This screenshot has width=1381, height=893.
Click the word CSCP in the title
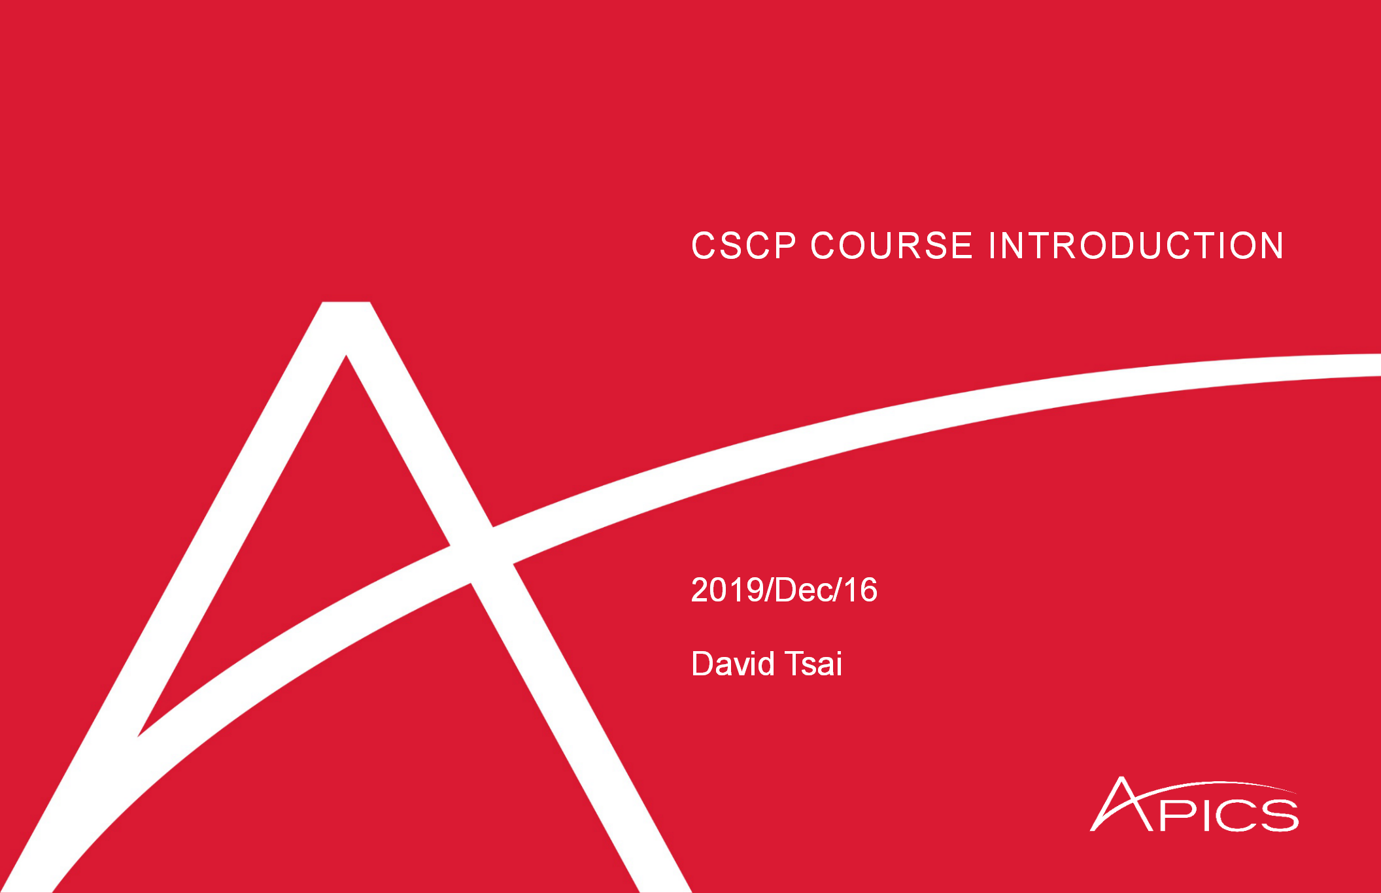point(743,246)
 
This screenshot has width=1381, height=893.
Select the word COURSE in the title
point(891,246)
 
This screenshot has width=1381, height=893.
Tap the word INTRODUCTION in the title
point(1136,246)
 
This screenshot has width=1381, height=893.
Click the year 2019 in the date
point(728,590)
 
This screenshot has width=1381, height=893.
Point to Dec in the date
point(804,590)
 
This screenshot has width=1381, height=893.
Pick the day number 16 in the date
point(860,590)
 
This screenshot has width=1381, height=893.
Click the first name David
point(733,664)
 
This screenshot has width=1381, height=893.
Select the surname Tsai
point(813,664)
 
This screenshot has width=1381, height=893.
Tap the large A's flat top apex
point(347,303)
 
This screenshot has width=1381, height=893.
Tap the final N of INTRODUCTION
point(1270,246)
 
